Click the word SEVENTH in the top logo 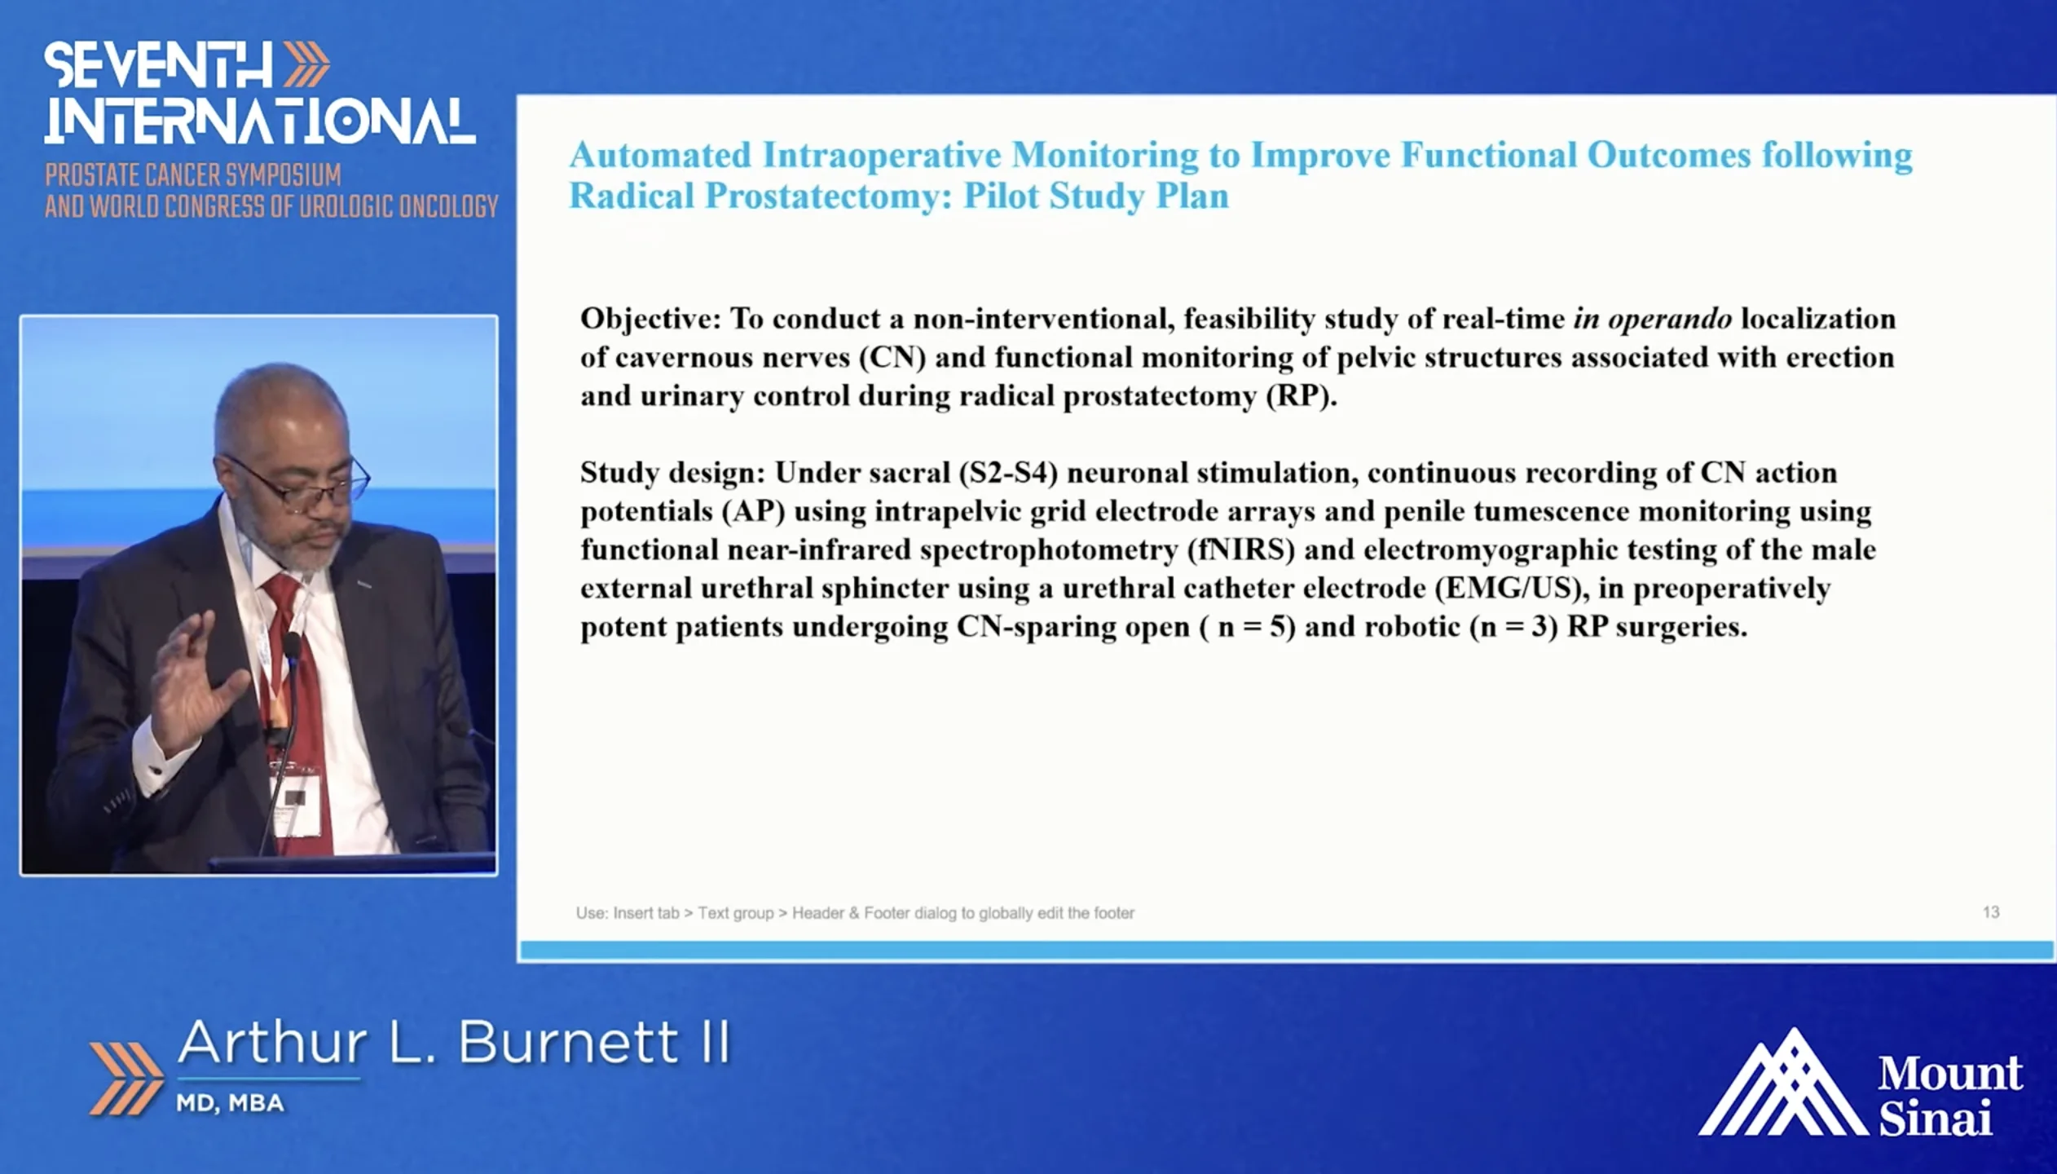pos(158,65)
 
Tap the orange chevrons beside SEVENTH pos(306,65)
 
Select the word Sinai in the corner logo pos(1935,1118)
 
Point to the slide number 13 pos(1991,912)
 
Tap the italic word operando pos(1669,320)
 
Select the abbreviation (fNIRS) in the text pos(1241,549)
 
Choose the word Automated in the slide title pos(660,155)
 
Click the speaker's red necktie pos(298,693)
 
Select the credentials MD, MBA pos(231,1103)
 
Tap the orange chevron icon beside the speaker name pos(126,1078)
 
